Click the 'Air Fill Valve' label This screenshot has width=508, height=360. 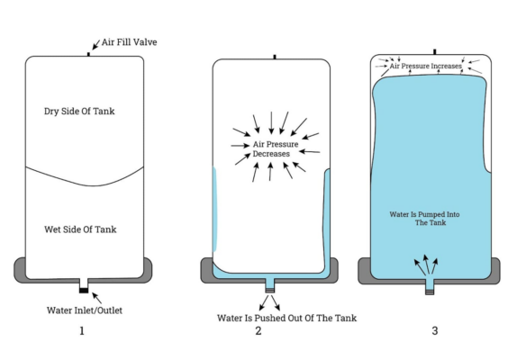[130, 42]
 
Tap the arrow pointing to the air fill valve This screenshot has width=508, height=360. [96, 45]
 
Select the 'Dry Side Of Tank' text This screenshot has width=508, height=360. [79, 111]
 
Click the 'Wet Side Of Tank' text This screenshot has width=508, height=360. [80, 229]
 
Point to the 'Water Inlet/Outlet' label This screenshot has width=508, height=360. [85, 310]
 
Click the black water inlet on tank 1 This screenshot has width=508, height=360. [84, 290]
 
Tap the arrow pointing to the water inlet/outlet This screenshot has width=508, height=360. [97, 298]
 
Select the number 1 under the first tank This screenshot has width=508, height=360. [82, 331]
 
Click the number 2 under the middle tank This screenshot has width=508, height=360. [259, 331]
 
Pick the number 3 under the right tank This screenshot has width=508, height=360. [435, 331]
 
